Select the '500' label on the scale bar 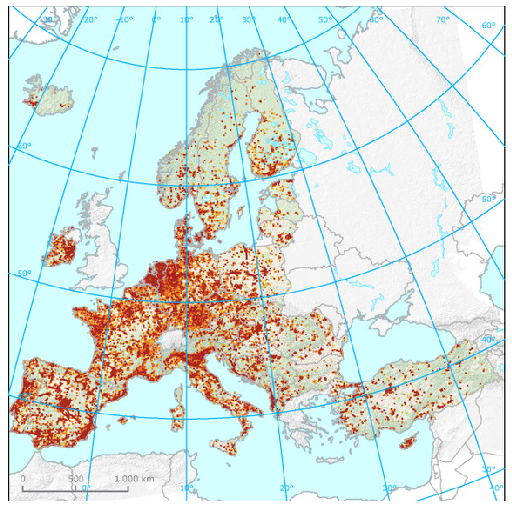76,479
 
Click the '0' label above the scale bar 23,479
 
